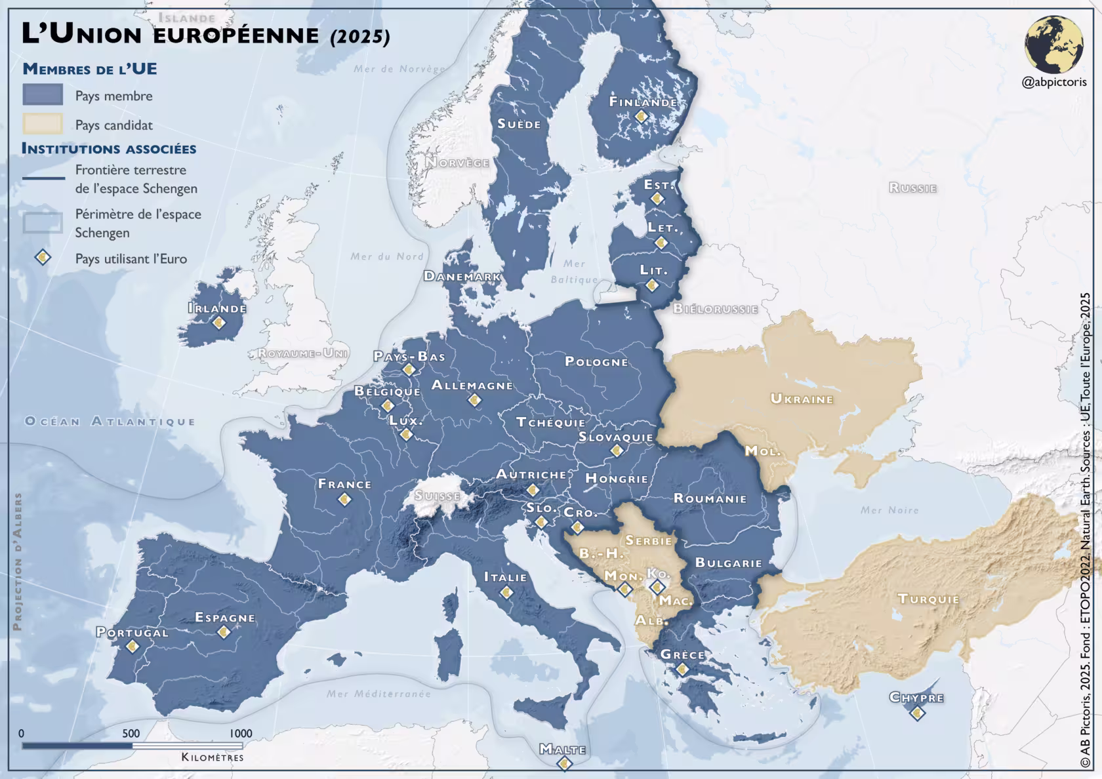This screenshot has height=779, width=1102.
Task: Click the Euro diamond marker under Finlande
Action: pyautogui.click(x=641, y=116)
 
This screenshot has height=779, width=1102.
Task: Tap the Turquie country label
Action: pyautogui.click(x=928, y=599)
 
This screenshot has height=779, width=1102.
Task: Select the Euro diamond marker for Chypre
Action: pyautogui.click(x=917, y=712)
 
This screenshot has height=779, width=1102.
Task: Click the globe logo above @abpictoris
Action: pyautogui.click(x=1053, y=45)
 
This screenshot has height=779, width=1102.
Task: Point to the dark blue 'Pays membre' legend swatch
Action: pyautogui.click(x=43, y=95)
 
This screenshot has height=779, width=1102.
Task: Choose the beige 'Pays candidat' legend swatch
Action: pyautogui.click(x=43, y=124)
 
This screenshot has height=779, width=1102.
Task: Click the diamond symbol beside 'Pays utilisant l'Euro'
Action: pyautogui.click(x=43, y=257)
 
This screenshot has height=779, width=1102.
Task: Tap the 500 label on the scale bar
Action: pyautogui.click(x=131, y=733)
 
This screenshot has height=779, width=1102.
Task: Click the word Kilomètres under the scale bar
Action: pyautogui.click(x=212, y=757)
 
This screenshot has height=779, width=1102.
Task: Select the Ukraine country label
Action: pyautogui.click(x=802, y=399)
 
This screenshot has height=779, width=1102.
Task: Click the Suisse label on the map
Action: pyautogui.click(x=437, y=496)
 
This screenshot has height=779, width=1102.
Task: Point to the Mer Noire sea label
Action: pyautogui.click(x=889, y=509)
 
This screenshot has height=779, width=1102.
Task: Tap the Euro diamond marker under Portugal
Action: pyautogui.click(x=133, y=647)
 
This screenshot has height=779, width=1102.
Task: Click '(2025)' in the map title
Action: pyautogui.click(x=360, y=36)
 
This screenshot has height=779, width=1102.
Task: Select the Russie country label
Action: pyautogui.click(x=912, y=188)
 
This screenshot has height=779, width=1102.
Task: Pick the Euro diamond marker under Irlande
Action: pyautogui.click(x=218, y=323)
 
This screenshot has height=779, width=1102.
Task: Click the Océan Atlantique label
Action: pyautogui.click(x=110, y=421)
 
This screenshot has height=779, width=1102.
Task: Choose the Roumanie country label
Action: pyautogui.click(x=710, y=498)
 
